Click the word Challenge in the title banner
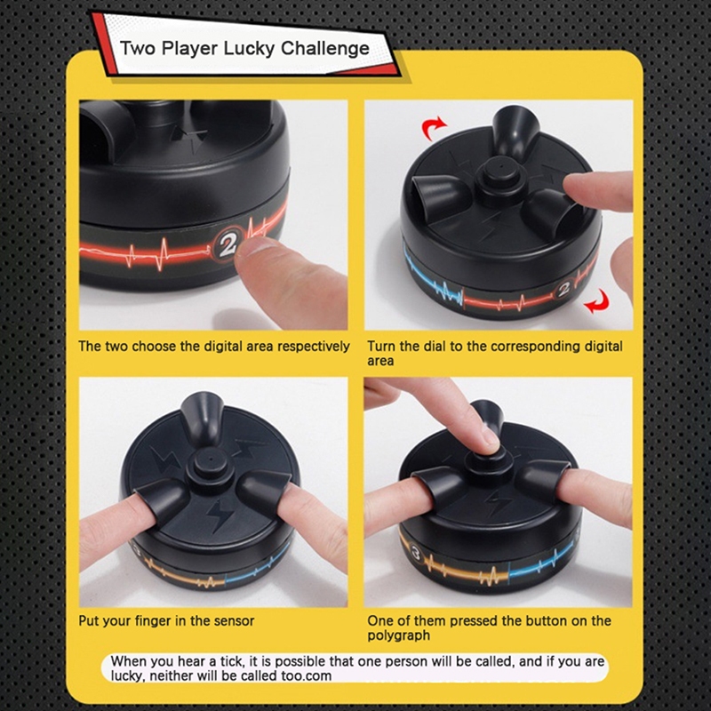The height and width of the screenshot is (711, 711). pyautogui.click(x=325, y=49)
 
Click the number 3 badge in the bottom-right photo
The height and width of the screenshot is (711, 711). pyautogui.click(x=416, y=554)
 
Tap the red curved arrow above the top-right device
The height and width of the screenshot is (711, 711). pyautogui.click(x=434, y=127)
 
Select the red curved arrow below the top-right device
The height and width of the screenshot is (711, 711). pyautogui.click(x=596, y=301)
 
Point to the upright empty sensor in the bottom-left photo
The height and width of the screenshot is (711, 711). pyautogui.click(x=203, y=418)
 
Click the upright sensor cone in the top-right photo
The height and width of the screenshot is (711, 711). pyautogui.click(x=515, y=129)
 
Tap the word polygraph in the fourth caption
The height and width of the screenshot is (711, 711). pyautogui.click(x=398, y=635)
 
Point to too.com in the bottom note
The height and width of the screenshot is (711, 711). pyautogui.click(x=306, y=676)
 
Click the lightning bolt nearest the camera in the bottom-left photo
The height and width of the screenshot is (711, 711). pyautogui.click(x=218, y=515)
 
